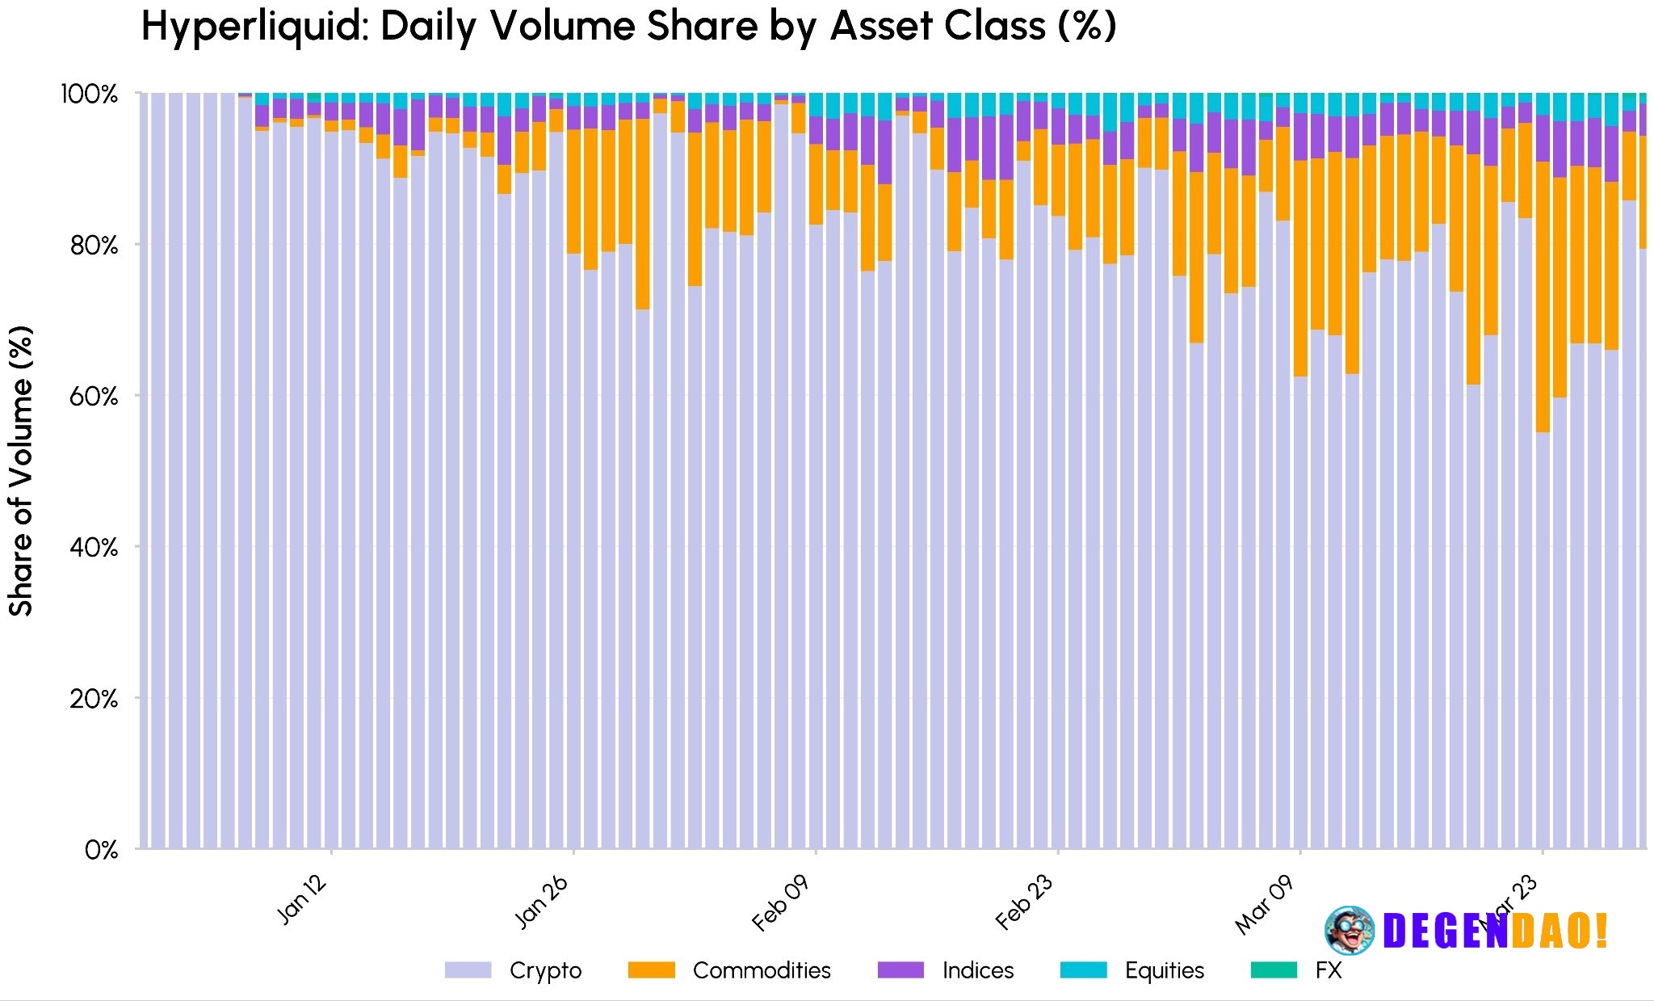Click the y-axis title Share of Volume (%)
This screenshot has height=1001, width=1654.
pos(22,470)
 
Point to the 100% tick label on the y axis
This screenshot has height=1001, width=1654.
pos(89,95)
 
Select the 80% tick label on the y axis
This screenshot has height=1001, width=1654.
pos(94,246)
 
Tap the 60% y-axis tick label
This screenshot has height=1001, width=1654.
pos(94,397)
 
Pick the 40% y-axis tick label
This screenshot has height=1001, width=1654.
pos(94,548)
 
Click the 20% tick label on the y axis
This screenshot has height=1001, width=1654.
pos(94,699)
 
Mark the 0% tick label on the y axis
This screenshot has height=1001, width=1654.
pos(101,850)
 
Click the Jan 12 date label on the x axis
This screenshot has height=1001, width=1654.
pos(302,899)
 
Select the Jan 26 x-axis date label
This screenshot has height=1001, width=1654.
pos(542,902)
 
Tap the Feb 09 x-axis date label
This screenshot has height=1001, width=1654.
pos(780,904)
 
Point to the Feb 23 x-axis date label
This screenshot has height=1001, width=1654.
pos(1024,902)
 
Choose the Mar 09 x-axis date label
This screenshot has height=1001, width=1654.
pos(1265,905)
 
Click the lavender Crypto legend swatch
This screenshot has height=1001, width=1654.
pos(468,970)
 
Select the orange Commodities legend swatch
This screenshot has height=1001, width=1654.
pos(651,970)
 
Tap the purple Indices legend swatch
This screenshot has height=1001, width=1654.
pos(900,970)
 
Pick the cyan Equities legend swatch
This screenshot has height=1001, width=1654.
pos(1083,970)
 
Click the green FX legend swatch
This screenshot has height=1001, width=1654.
pos(1274,970)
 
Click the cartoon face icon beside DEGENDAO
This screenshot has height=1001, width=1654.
pos(1350,931)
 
